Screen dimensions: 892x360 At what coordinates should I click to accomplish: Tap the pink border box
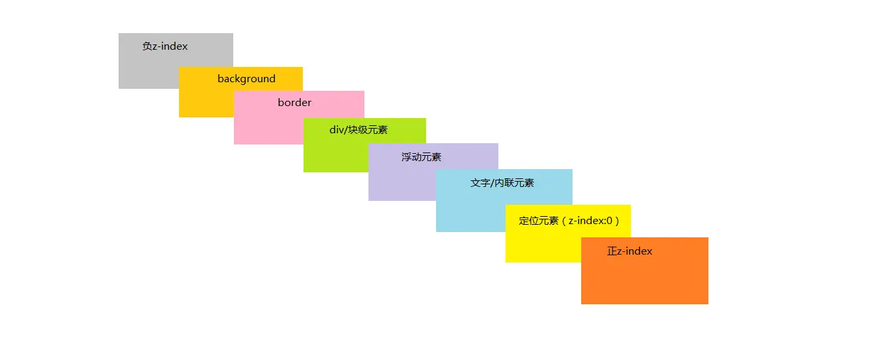265,126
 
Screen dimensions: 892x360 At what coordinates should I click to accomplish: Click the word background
247,79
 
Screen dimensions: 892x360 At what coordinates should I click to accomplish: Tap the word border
294,103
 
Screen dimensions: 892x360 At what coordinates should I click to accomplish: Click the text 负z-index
165,46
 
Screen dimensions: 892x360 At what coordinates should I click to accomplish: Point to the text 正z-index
630,251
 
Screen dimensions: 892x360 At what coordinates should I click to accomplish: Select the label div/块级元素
359,129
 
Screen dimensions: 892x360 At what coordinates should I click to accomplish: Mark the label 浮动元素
421,157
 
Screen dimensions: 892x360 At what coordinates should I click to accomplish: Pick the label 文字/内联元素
502,183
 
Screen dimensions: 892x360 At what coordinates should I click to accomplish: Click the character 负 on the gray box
147,46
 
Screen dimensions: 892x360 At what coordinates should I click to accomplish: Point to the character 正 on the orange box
612,251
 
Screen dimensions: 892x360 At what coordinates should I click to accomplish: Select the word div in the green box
337,129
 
